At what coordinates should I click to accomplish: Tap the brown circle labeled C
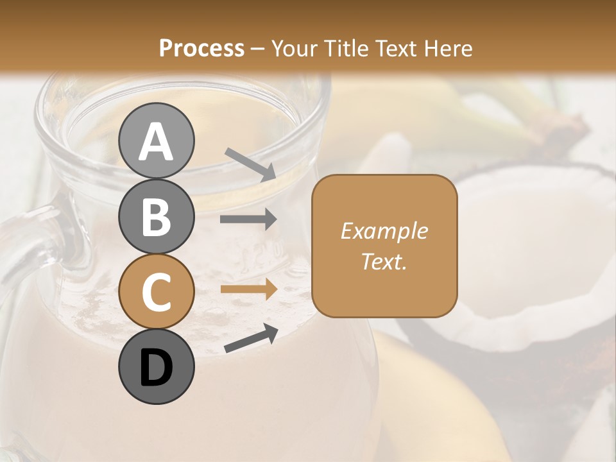pos(156,291)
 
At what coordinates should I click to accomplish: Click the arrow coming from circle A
pos(250,164)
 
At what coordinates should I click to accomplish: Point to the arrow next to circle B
pos(248,219)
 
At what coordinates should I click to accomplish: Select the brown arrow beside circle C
pos(248,289)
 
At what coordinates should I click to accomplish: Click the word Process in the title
pos(201,48)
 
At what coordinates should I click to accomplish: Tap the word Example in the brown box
pos(384,231)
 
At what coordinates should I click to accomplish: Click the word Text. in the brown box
pos(384,261)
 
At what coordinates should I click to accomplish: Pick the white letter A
pos(156,142)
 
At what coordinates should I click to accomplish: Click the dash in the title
pos(257,49)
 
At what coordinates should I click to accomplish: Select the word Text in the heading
pos(396,48)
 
